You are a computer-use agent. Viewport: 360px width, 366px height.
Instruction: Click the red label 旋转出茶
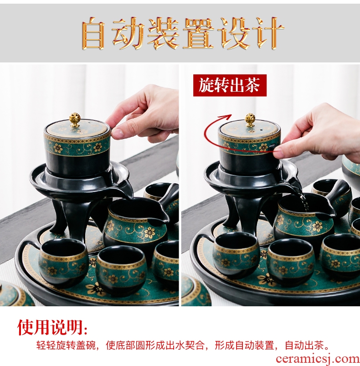230,85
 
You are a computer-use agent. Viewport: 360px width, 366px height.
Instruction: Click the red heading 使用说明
52,327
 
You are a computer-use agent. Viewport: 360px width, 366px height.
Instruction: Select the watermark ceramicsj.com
318,359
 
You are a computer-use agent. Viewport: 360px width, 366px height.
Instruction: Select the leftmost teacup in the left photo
63,262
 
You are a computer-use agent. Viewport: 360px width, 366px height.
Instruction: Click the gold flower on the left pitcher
149,232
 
